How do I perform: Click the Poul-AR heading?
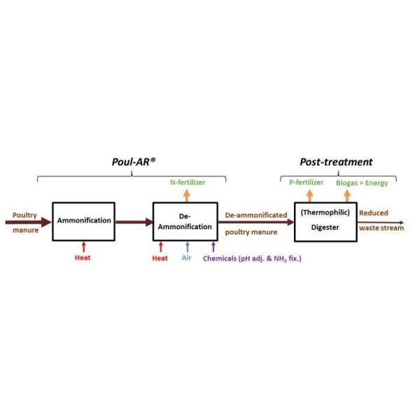click(x=134, y=162)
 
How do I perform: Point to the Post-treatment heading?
click(x=336, y=162)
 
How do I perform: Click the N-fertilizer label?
click(x=188, y=183)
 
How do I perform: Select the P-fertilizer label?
click(x=306, y=183)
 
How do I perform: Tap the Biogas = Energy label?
click(x=362, y=183)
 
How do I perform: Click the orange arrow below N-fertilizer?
click(x=187, y=195)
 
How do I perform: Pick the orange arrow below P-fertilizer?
click(x=310, y=195)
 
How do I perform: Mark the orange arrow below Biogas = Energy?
click(x=347, y=195)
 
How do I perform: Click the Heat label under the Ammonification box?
click(x=83, y=258)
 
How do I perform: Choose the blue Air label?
click(x=186, y=258)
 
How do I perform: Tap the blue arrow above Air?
click(x=188, y=246)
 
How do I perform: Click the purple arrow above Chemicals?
click(x=213, y=246)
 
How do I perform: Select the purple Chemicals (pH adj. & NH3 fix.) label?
click(x=252, y=258)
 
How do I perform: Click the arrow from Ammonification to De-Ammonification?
click(x=134, y=222)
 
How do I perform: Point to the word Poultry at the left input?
click(x=24, y=216)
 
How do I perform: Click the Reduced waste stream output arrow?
click(x=380, y=223)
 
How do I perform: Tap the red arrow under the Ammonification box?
click(x=84, y=246)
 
